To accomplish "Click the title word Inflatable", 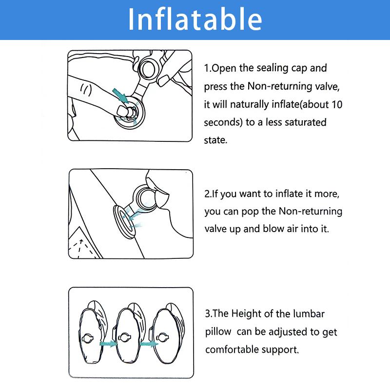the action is coord(195,19).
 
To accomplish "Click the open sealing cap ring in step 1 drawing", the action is coord(148,68).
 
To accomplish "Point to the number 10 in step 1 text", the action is coord(337,104).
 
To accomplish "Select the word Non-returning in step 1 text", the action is coord(279,86).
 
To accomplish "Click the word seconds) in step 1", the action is coord(223,122).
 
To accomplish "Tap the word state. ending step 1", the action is coord(215,140).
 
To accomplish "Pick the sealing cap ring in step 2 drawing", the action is coord(145,198).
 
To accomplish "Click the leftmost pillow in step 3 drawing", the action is coord(93,332).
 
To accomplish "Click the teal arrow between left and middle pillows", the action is coord(108,344).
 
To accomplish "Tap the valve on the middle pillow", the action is coord(124,337).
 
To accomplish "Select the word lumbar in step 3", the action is coord(309,313).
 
